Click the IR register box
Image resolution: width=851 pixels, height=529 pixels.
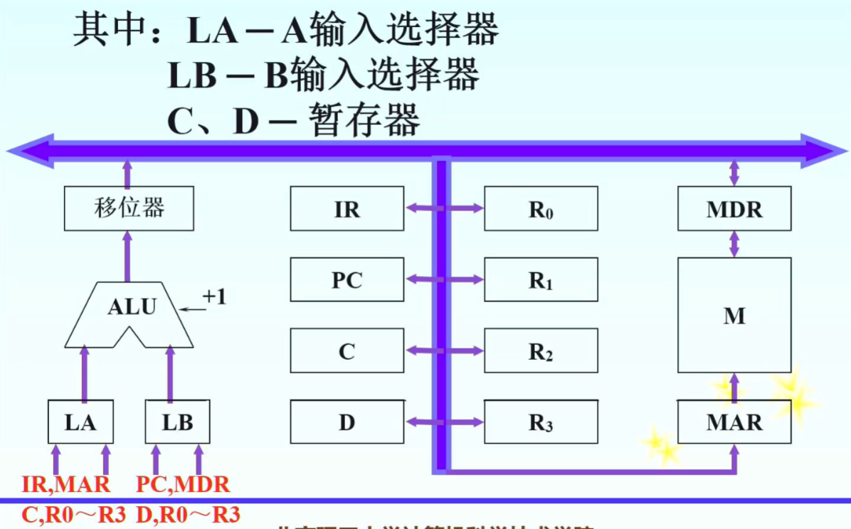click(347, 208)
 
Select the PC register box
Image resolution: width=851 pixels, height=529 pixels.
click(347, 279)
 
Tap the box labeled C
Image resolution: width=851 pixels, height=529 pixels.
click(347, 351)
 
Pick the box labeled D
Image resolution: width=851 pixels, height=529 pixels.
click(347, 422)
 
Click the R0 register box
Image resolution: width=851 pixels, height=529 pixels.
click(541, 208)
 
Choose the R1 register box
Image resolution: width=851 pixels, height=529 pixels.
click(541, 279)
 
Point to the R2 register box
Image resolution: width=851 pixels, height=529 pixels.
click(541, 351)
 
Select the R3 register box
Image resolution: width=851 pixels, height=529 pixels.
click(541, 422)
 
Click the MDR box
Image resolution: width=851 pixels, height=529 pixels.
click(734, 208)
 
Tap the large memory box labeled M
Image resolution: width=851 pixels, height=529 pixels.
click(734, 315)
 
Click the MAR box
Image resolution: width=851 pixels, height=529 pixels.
click(734, 422)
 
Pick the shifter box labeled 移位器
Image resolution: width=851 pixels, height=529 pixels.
click(129, 208)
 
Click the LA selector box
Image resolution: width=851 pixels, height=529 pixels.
click(80, 422)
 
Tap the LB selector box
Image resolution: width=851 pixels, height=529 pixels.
click(177, 422)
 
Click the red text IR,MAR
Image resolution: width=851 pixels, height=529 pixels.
click(65, 485)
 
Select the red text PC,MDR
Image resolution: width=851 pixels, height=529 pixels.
click(183, 485)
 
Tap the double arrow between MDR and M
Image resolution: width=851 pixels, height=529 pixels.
click(734, 244)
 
